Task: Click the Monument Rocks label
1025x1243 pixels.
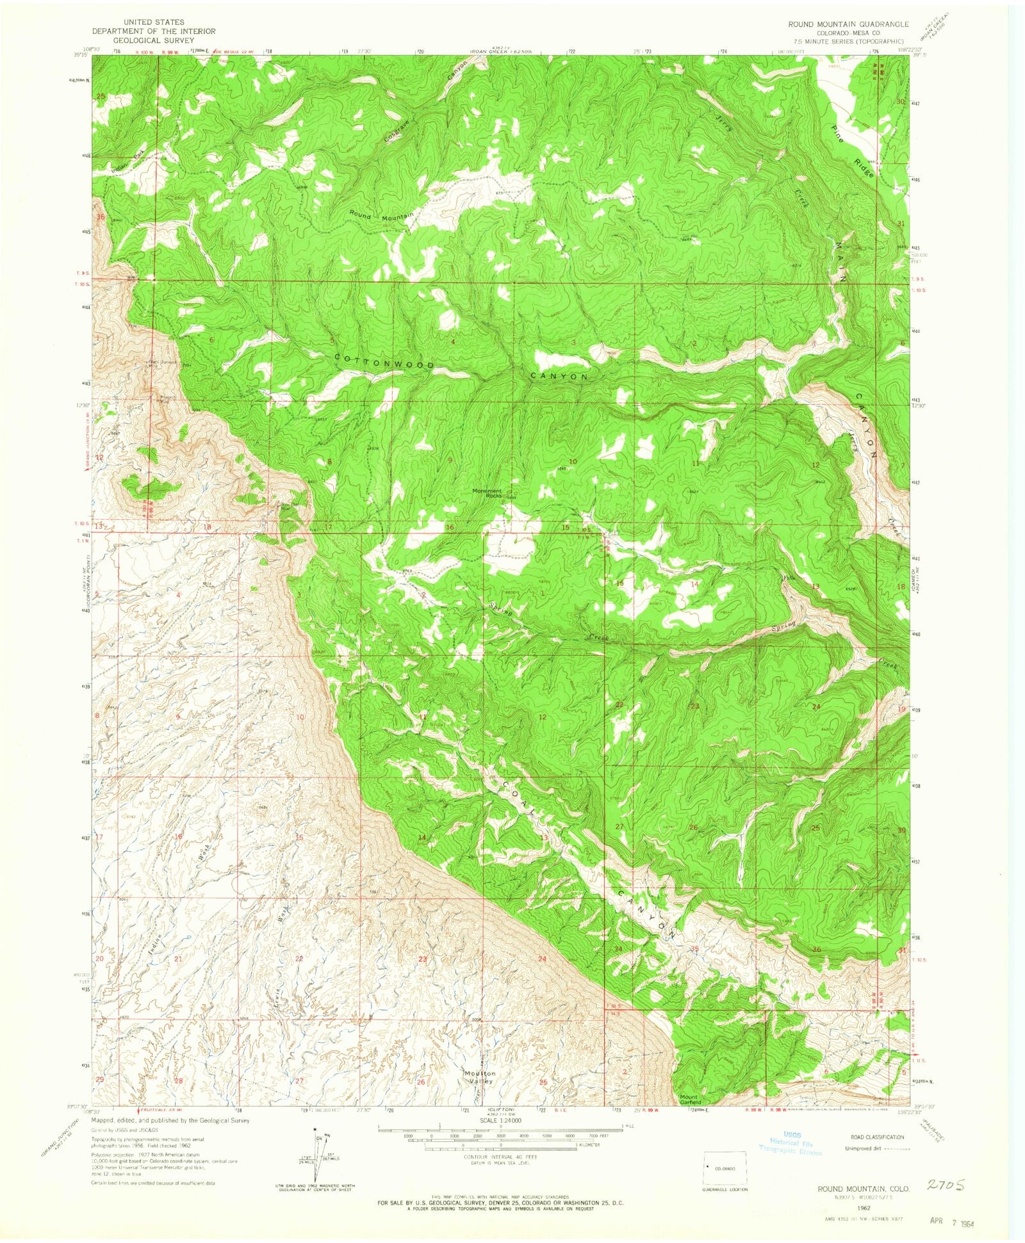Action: point(487,493)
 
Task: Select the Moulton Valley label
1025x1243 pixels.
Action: point(480,1077)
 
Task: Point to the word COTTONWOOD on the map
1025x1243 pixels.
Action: point(384,363)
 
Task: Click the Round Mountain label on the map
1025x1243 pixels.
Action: point(381,215)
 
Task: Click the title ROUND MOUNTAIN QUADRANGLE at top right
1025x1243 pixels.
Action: point(848,24)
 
